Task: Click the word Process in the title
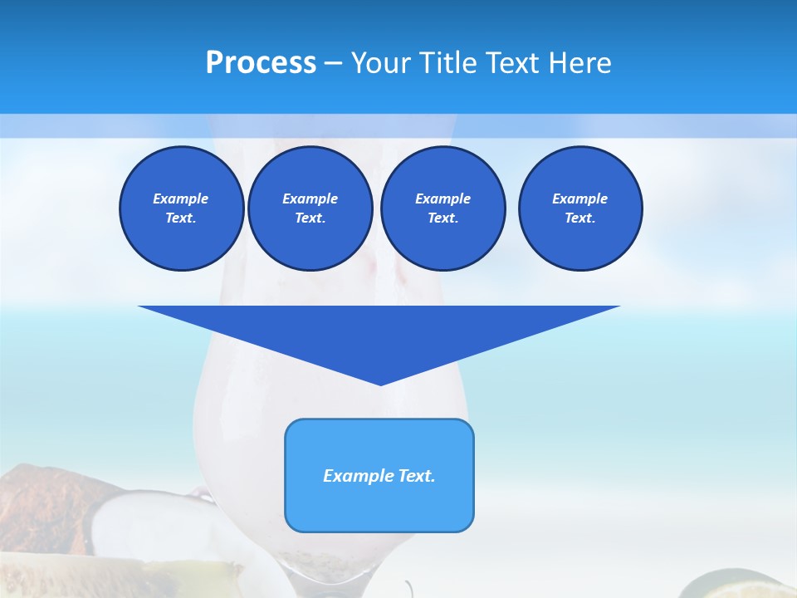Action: point(261,63)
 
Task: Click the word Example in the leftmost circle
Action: point(181,199)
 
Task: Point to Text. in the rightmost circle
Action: point(580,218)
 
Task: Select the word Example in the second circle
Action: point(310,199)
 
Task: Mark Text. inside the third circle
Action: point(443,218)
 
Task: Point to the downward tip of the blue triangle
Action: point(380,382)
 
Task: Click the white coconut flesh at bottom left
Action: point(129,523)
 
